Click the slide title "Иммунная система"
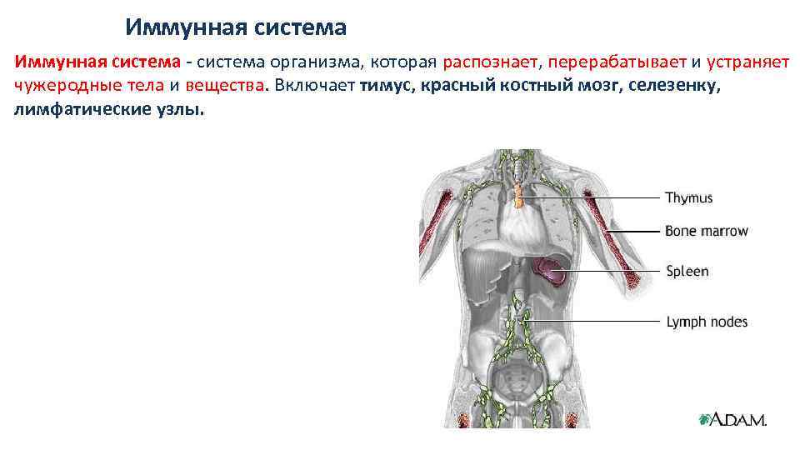[236, 27]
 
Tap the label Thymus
[688, 198]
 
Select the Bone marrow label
[706, 231]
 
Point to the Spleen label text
[687, 271]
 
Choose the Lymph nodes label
[707, 322]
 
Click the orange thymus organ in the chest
[519, 197]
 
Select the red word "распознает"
[492, 62]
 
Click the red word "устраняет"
[748, 62]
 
